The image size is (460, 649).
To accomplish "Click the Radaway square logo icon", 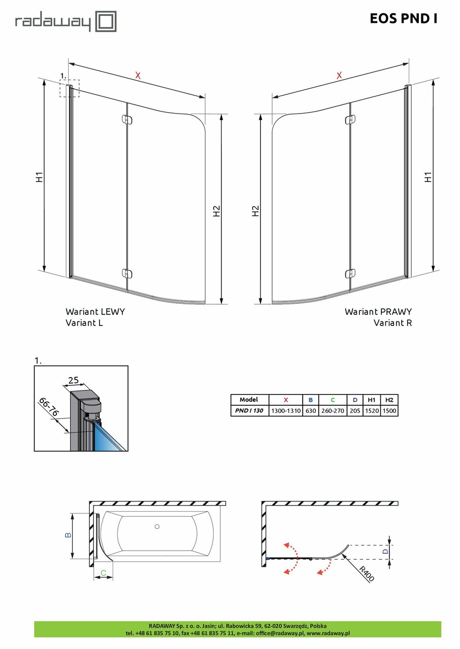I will tap(107, 21).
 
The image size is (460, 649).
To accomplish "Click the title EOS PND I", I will tap(403, 19).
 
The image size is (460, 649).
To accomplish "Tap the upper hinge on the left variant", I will tap(127, 120).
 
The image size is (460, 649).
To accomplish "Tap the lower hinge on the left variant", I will tap(127, 273).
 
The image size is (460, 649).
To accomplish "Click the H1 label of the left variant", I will tap(40, 177).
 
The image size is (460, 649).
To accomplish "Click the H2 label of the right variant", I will tap(255, 211).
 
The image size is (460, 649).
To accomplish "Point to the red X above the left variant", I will tap(138, 76).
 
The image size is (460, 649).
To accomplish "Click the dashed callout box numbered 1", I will tap(70, 89).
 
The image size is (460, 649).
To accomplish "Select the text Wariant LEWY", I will tap(95, 312).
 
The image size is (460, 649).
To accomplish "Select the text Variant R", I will tap(392, 322).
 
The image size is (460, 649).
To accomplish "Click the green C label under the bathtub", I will tap(103, 573).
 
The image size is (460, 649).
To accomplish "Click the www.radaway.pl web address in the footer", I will tap(328, 633).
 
